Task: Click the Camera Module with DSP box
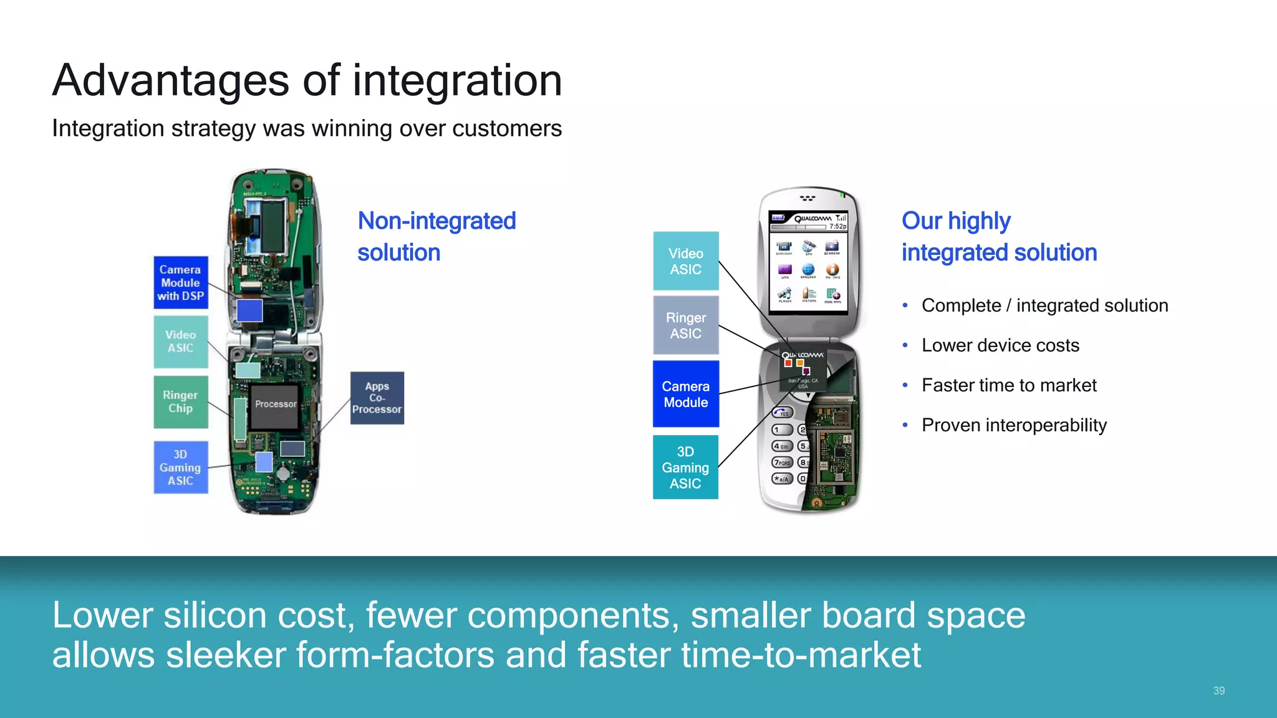click(x=181, y=282)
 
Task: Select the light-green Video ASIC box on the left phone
click(x=181, y=342)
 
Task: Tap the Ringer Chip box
click(x=181, y=402)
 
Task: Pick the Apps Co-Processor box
click(x=377, y=398)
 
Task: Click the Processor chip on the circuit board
click(x=275, y=406)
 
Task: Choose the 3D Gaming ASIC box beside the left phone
click(x=181, y=467)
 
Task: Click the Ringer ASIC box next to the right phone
click(x=686, y=325)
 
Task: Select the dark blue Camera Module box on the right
click(x=686, y=394)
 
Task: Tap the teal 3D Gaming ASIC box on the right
click(x=686, y=467)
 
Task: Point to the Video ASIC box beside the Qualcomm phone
click(x=686, y=261)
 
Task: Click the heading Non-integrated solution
click(x=436, y=237)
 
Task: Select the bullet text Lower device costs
click(x=1000, y=345)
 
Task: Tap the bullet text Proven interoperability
click(x=1014, y=425)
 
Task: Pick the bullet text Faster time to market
click(x=1009, y=385)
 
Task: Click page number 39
click(x=1218, y=691)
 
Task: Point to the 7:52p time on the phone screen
click(x=837, y=226)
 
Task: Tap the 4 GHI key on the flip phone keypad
click(x=782, y=446)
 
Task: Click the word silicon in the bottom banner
click(x=215, y=616)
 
